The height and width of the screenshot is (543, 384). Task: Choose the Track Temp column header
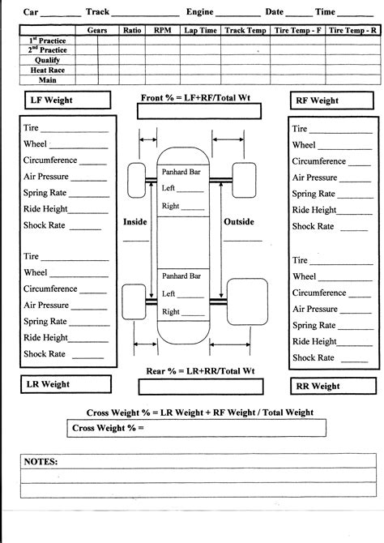point(245,29)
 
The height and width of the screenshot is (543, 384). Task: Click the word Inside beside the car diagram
point(135,221)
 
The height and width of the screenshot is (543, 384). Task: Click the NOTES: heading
point(41,460)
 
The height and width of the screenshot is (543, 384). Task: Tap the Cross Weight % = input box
point(196,428)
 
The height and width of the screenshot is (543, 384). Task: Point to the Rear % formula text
point(200,370)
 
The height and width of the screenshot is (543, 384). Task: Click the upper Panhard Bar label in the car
point(182,171)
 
